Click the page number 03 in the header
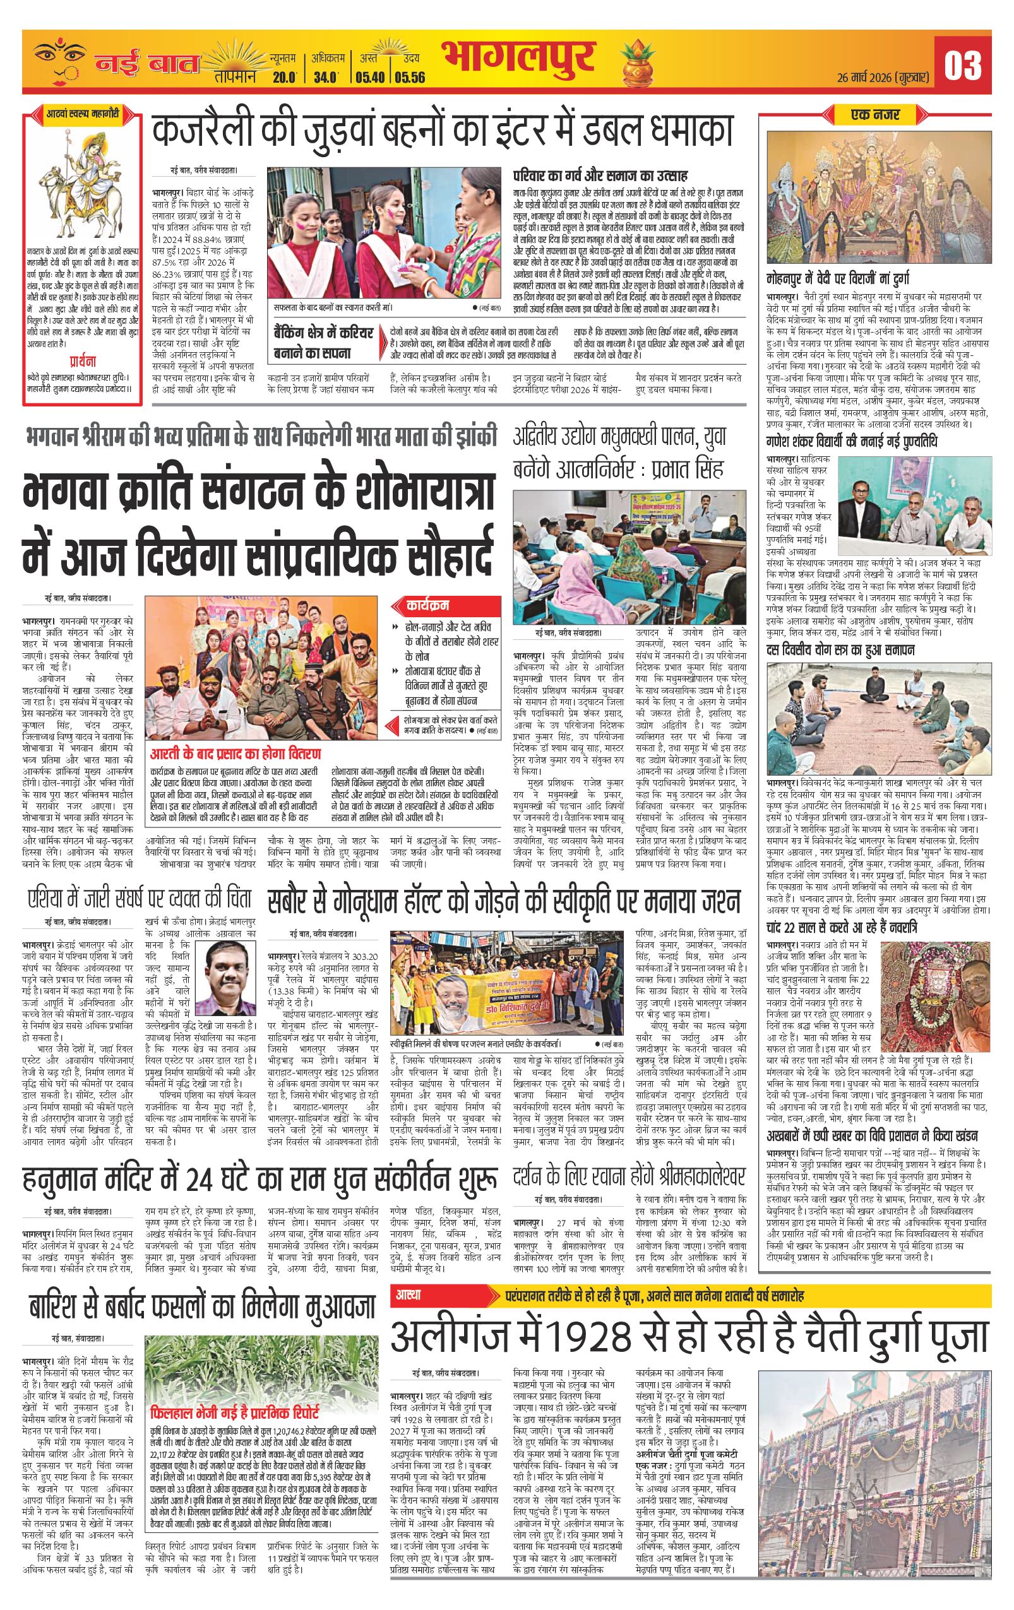962,65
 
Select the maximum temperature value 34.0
326,77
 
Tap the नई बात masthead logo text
147,64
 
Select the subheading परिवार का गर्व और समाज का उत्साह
600,177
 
